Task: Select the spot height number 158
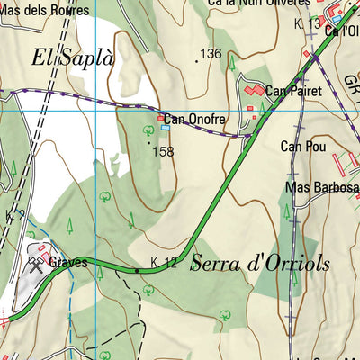(x=164, y=151)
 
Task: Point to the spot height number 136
(x=211, y=55)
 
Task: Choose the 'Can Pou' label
(x=302, y=146)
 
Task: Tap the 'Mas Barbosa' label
(x=321, y=187)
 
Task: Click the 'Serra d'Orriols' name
(x=260, y=264)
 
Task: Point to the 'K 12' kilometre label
(x=163, y=263)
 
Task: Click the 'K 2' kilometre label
(x=13, y=215)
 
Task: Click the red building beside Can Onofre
(x=162, y=118)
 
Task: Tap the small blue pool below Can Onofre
(x=165, y=128)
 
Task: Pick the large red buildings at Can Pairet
(x=255, y=91)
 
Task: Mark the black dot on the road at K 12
(x=137, y=270)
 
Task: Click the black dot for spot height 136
(x=197, y=61)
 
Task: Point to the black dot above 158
(x=148, y=141)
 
